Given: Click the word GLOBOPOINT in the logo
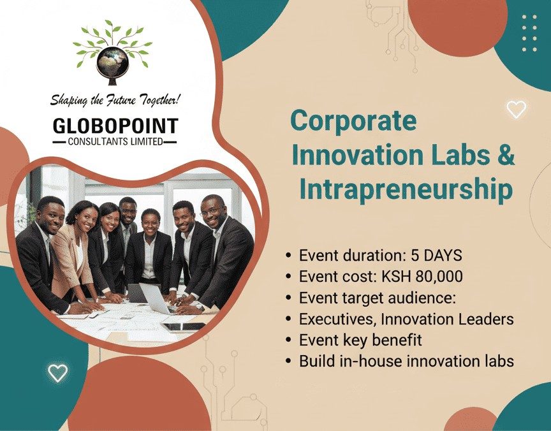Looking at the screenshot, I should pyautogui.click(x=115, y=125).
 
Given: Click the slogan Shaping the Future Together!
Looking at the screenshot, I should pyautogui.click(x=115, y=100).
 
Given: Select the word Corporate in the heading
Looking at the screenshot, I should pyautogui.click(x=354, y=121).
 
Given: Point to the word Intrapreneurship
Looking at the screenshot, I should pyautogui.click(x=406, y=189).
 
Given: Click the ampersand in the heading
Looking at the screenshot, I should pyautogui.click(x=506, y=155).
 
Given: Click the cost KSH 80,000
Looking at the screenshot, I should pyautogui.click(x=418, y=277).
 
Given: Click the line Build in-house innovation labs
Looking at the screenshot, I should pyautogui.click(x=406, y=361).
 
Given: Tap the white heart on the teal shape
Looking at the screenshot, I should pyautogui.click(x=57, y=372).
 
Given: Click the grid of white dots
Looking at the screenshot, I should pyautogui.click(x=529, y=33).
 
